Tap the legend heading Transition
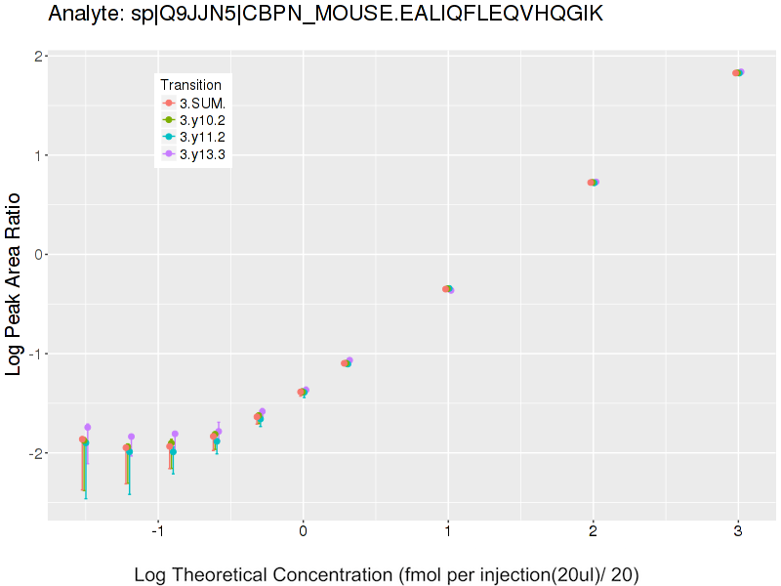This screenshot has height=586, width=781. point(190,85)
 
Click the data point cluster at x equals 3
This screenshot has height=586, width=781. point(738,72)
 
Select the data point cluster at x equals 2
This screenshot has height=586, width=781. point(593,182)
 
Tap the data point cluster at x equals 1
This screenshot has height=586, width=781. point(447,289)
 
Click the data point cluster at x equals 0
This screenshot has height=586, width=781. point(303,392)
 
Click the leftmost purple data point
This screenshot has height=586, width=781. point(88,427)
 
